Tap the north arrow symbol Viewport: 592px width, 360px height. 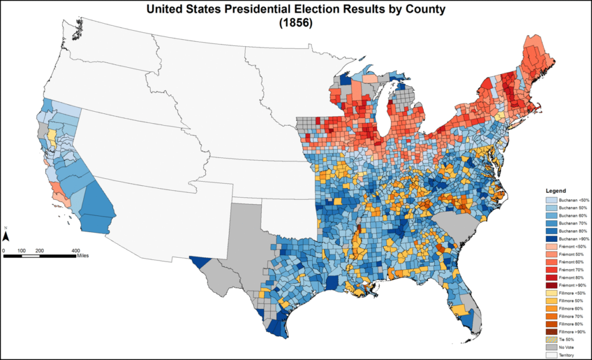click(6, 236)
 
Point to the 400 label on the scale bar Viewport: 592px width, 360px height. click(75, 249)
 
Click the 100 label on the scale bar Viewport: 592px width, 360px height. click(21, 249)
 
